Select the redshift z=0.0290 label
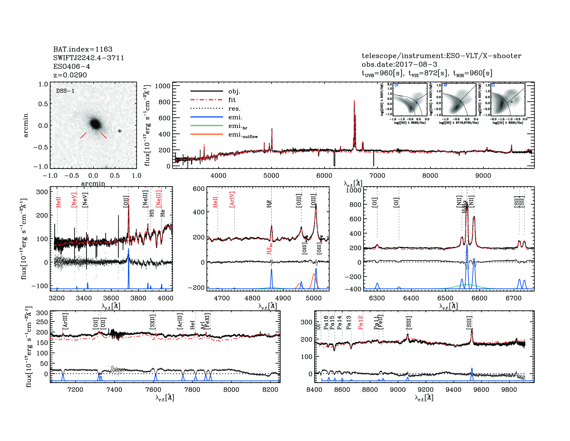tap(70, 75)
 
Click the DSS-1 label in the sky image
tap(65, 91)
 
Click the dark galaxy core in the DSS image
tap(95, 123)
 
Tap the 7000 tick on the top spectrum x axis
tap(377, 176)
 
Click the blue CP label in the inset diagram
tap(396, 85)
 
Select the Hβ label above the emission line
tap(269, 204)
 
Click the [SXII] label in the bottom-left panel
tap(152, 322)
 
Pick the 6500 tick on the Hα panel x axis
tap(445, 298)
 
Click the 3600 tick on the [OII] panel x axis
tap(111, 298)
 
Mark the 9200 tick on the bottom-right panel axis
tap(425, 389)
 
